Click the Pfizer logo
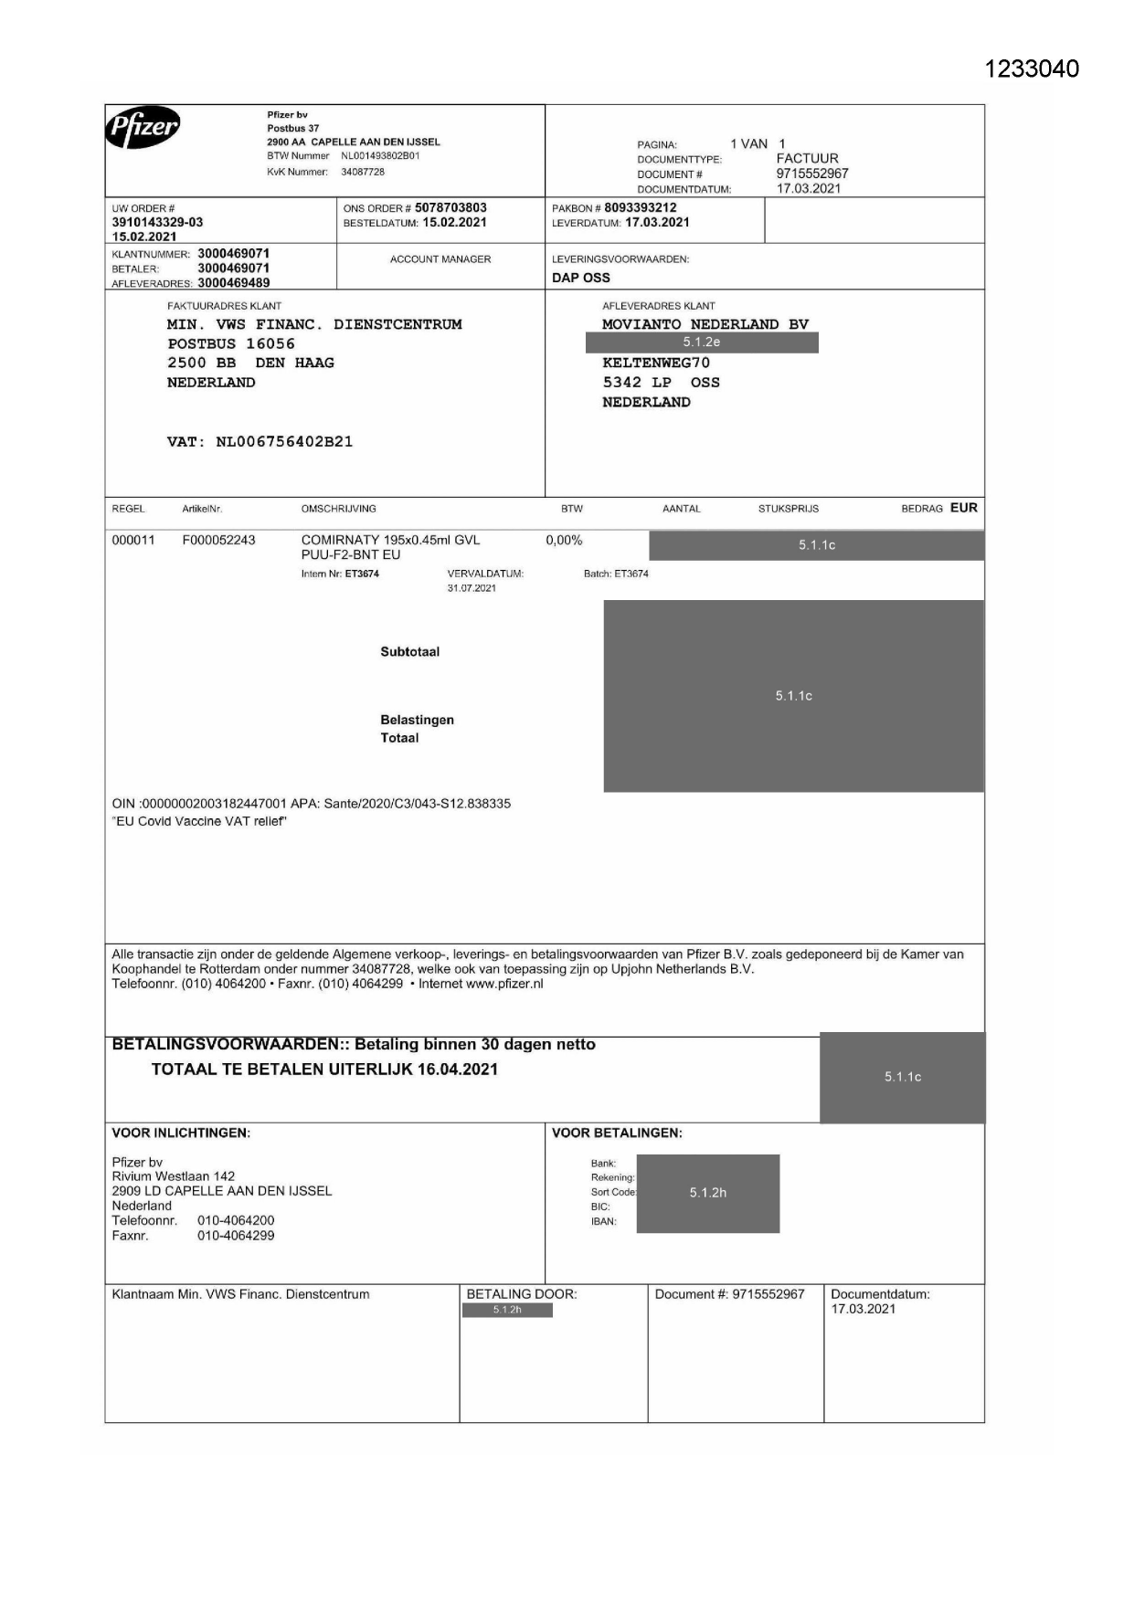tap(143, 128)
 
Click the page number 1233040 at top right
tap(1032, 69)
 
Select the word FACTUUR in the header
tap(807, 158)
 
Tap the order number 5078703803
tap(450, 207)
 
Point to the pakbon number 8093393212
tap(640, 207)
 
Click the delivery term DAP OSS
tap(580, 278)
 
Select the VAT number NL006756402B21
tap(284, 441)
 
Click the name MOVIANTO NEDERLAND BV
tap(705, 324)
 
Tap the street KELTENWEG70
tap(655, 363)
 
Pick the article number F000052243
tap(218, 540)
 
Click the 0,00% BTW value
tap(564, 540)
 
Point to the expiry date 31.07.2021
tap(472, 588)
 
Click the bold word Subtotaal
tap(409, 652)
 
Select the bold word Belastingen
tap(417, 720)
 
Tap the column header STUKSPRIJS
tap(788, 509)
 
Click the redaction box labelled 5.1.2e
tap(701, 343)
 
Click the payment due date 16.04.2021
tap(457, 1069)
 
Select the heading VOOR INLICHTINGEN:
tap(181, 1133)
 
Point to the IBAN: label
tap(603, 1221)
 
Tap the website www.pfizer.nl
tap(504, 984)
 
